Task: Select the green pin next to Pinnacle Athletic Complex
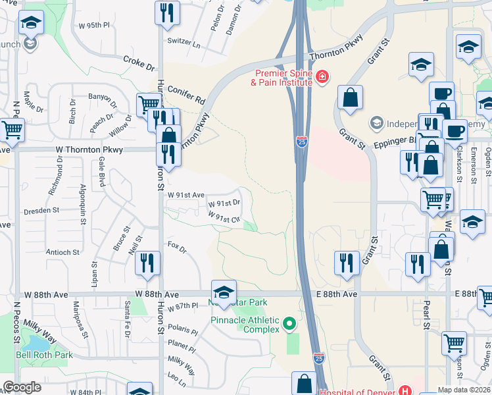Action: (x=289, y=324)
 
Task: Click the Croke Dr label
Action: (x=138, y=63)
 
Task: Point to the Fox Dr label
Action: (x=178, y=248)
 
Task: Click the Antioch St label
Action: (x=62, y=252)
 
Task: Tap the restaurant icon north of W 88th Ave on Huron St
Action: (x=147, y=262)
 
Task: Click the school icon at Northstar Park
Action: (x=224, y=291)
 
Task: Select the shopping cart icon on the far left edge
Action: (x=11, y=129)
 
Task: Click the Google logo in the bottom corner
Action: (x=22, y=387)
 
